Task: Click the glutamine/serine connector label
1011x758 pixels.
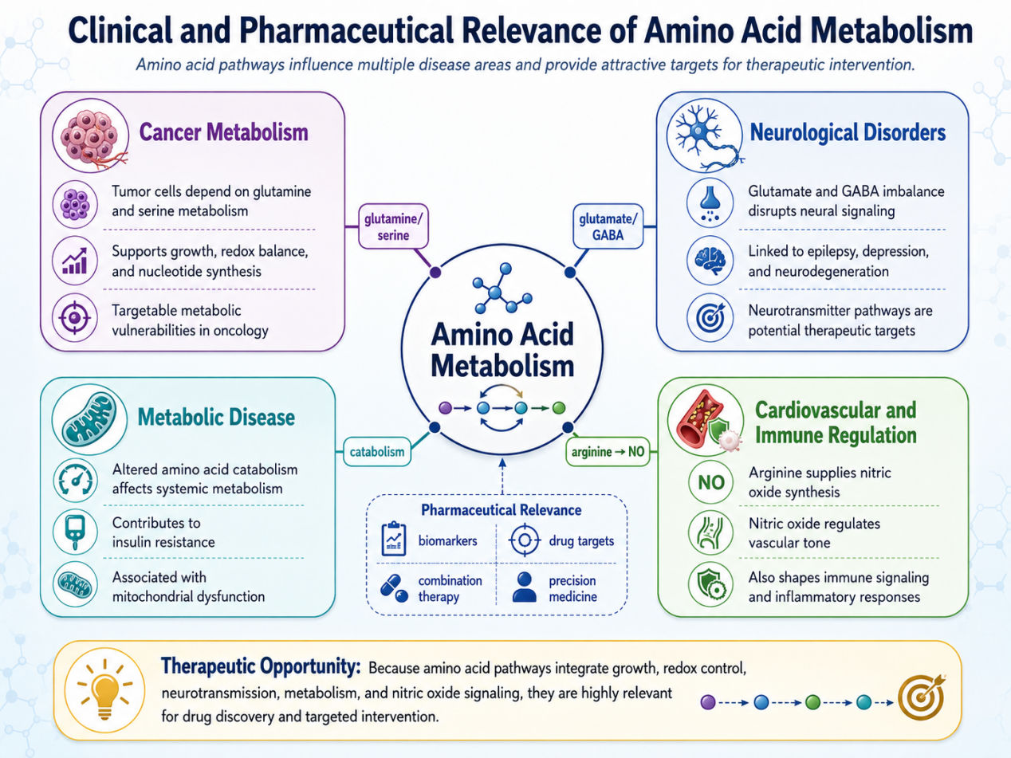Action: tap(393, 226)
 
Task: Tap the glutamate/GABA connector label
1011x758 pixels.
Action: tap(608, 226)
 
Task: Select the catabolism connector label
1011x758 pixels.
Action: tap(377, 451)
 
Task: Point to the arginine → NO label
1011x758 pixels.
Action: tap(608, 451)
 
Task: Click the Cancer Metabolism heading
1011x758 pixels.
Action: tap(223, 132)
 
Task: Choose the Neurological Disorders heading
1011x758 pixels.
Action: tap(848, 132)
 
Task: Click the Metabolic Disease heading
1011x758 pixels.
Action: tap(216, 417)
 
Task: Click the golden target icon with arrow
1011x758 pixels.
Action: tap(922, 697)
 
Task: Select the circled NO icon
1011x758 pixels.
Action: tap(710, 482)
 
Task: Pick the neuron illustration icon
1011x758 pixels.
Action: tap(705, 135)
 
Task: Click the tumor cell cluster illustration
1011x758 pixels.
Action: tap(91, 135)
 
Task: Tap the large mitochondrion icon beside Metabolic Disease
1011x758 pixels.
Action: tap(90, 419)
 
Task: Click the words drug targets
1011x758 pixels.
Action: tap(581, 540)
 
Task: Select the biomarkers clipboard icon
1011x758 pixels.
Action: tap(394, 539)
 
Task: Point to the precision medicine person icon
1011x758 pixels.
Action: tap(525, 587)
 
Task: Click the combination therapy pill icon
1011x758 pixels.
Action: tap(394, 588)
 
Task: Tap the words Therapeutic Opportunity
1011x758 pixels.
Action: tap(261, 666)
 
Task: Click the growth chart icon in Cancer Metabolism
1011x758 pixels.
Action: tap(75, 261)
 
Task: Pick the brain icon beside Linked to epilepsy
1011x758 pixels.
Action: tap(710, 260)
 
